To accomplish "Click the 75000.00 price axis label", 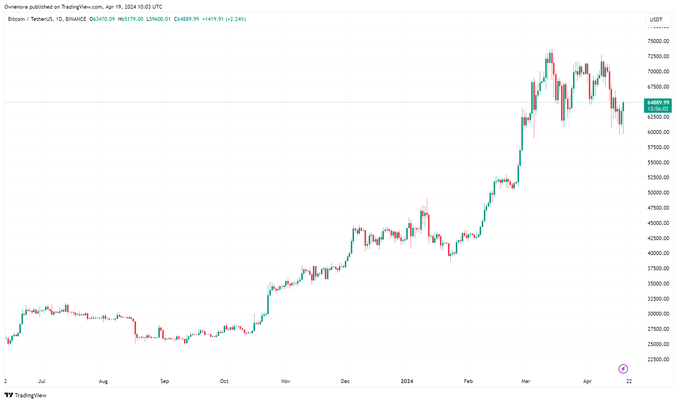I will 658,41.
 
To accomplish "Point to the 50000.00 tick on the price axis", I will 658,193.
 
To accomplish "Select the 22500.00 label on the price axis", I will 658,359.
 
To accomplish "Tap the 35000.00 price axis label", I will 658,284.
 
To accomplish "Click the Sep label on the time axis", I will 165,381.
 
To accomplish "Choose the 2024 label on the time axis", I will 407,381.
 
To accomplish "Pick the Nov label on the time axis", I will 286,381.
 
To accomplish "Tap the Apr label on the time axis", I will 587,381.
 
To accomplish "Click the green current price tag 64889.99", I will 658,103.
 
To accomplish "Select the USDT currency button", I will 656,20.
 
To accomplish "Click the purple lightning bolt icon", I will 623,369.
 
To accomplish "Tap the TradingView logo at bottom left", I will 26,395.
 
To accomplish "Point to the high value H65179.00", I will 131,19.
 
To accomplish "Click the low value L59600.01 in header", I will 158,19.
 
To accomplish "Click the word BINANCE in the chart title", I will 76,19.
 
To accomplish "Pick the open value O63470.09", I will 102,19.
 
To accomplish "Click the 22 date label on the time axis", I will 629,381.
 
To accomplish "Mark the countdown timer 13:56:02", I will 658,109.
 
